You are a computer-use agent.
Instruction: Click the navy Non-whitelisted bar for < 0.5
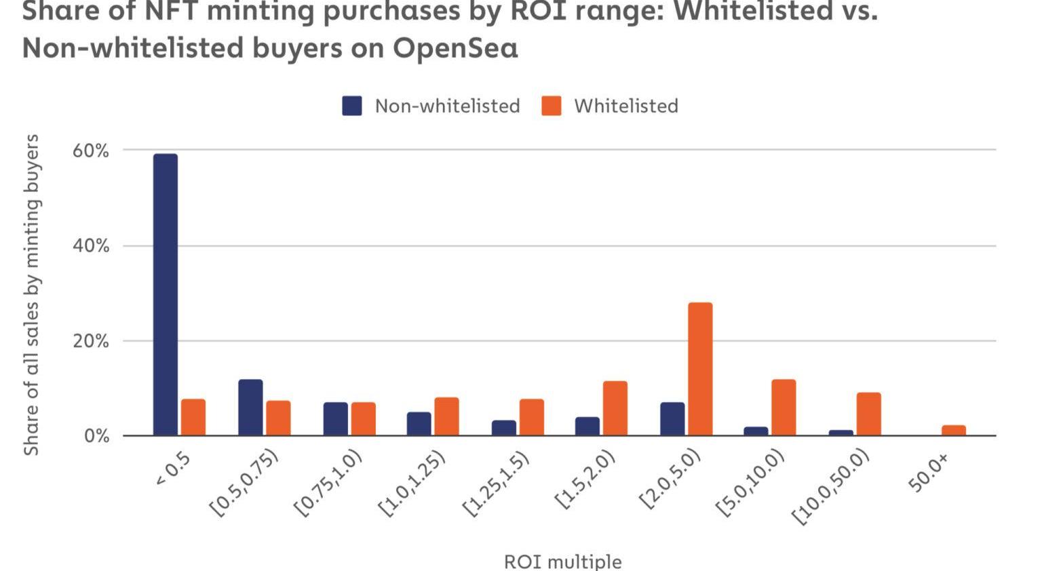[166, 294]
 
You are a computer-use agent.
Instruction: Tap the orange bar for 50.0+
[953, 431]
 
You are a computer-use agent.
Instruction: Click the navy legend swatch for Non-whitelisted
[352, 106]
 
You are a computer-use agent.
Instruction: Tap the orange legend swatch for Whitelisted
[552, 106]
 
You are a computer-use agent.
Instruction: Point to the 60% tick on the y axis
[91, 151]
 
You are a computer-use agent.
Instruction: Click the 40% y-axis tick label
[91, 245]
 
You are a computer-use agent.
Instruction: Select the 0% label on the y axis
[96, 436]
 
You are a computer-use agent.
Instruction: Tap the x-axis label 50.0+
[928, 473]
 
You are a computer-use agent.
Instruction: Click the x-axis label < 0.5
[174, 469]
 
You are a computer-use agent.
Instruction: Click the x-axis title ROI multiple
[562, 562]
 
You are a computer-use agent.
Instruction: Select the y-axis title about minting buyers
[31, 295]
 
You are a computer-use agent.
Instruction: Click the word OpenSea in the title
[455, 48]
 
